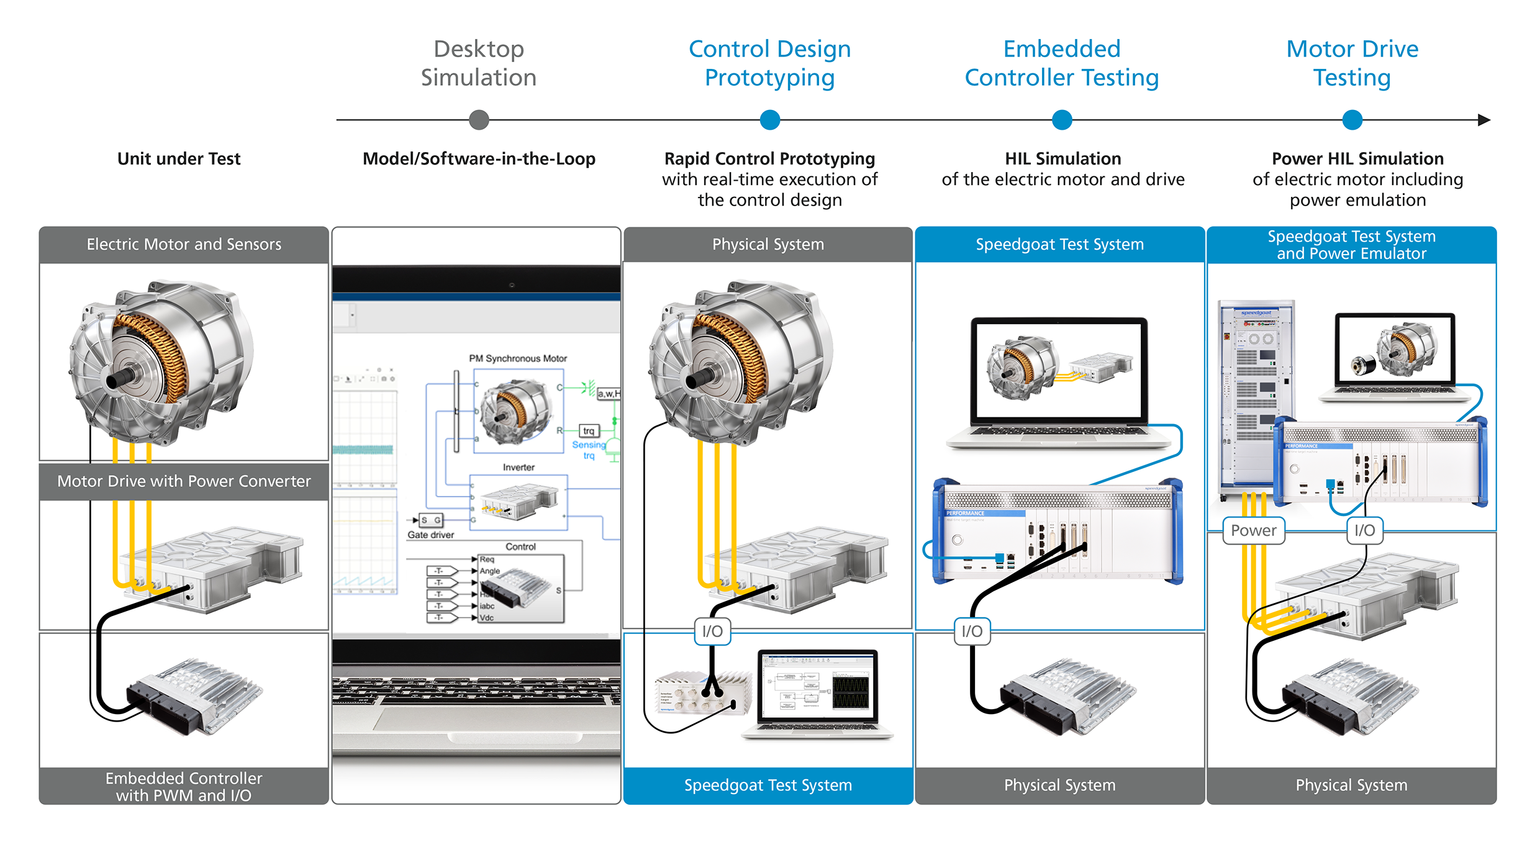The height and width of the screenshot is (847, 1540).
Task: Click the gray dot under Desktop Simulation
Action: pos(479,120)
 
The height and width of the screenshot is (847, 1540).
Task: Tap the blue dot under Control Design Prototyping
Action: pos(769,120)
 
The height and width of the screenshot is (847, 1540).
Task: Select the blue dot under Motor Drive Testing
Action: pos(1352,120)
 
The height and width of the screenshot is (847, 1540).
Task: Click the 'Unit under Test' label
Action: pos(179,159)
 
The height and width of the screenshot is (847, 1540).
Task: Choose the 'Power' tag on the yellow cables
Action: pos(1253,530)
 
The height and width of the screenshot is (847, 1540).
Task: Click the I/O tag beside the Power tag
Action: pos(1364,530)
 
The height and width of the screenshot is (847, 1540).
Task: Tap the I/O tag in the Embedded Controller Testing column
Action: pos(972,632)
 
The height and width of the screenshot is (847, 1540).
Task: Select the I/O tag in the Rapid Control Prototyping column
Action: pos(712,632)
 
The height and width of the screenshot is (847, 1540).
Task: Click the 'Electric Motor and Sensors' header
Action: pos(184,245)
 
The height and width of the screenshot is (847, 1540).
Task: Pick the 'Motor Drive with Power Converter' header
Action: pos(184,481)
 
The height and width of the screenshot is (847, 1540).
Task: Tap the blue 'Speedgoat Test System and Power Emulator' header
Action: pos(1351,245)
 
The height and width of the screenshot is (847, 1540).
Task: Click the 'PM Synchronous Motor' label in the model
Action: pos(518,358)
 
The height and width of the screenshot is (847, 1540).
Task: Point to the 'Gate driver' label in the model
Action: pos(430,535)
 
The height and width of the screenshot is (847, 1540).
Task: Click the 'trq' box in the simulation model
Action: pos(589,430)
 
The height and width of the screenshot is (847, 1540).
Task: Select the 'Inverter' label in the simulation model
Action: pos(519,467)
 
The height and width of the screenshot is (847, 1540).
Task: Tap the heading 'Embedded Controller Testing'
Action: pos(1062,63)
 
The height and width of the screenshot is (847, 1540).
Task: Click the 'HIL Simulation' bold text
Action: pos(1062,159)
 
